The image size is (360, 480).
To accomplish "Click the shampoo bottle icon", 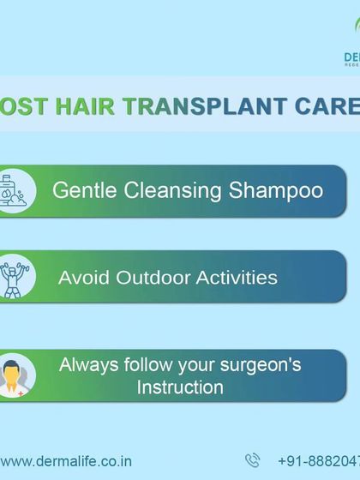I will click(x=15, y=189).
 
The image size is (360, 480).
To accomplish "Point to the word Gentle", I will click(x=84, y=189).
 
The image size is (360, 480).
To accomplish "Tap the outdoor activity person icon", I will click(x=14, y=276).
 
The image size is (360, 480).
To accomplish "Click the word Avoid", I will click(x=81, y=278).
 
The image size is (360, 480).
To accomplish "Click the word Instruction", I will click(x=180, y=387).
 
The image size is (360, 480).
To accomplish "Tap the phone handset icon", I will click(x=252, y=460).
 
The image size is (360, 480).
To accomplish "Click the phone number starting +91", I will click(x=319, y=460).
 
